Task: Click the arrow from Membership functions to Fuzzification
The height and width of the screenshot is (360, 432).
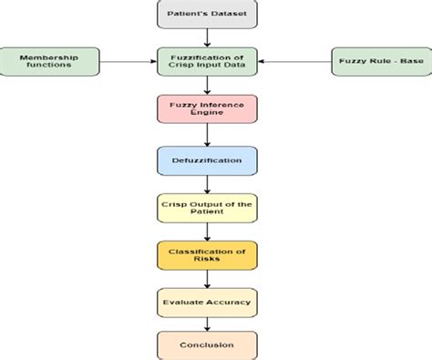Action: (129, 63)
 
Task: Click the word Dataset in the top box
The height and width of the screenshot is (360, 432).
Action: (229, 15)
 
